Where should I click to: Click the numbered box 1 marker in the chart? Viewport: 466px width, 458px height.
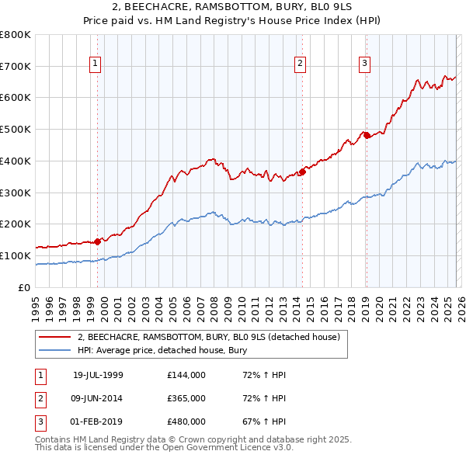click(95, 64)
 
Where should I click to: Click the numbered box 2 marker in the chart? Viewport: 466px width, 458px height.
click(300, 64)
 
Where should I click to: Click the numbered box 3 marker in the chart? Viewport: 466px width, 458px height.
click(364, 64)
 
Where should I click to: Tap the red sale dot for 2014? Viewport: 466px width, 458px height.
click(302, 172)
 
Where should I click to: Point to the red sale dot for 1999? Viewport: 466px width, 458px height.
click(98, 241)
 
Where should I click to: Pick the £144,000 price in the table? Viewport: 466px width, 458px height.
click(186, 375)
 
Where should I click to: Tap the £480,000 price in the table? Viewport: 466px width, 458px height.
click(186, 422)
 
